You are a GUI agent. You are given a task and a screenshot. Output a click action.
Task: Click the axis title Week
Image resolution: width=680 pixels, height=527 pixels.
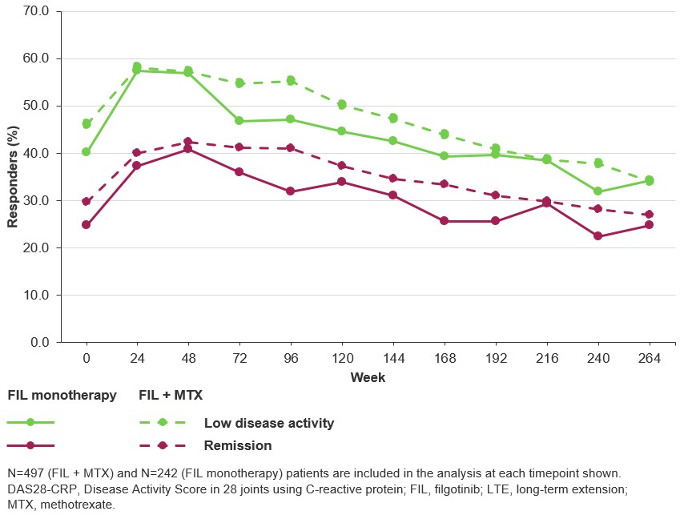(368, 377)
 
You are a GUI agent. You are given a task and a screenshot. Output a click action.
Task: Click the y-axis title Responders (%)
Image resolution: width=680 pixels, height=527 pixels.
(13, 177)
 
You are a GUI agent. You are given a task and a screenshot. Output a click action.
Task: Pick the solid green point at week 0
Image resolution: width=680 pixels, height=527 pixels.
(86, 152)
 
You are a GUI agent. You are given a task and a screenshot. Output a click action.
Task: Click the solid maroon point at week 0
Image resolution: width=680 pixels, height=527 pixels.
(86, 225)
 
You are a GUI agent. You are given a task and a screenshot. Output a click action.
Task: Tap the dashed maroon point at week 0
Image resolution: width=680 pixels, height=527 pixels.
(86, 202)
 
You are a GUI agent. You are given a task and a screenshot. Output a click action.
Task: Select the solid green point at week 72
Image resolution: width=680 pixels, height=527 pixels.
(239, 121)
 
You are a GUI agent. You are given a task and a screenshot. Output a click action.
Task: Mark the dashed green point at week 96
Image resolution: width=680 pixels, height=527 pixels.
(291, 81)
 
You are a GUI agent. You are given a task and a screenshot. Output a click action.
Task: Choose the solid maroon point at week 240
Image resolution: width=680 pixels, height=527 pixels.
(598, 236)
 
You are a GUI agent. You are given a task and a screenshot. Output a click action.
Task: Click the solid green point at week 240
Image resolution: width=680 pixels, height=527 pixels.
(598, 191)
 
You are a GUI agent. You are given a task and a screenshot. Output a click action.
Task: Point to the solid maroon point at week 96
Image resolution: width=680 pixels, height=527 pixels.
(291, 191)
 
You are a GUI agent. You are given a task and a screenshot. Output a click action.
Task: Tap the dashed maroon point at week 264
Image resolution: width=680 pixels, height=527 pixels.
(649, 215)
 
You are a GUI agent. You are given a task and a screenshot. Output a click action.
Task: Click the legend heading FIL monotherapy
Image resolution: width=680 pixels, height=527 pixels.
(62, 396)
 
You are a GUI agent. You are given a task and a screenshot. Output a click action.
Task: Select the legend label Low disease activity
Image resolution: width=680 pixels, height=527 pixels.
(269, 423)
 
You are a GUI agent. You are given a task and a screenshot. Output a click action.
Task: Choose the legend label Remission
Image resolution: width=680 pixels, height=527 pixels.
(238, 445)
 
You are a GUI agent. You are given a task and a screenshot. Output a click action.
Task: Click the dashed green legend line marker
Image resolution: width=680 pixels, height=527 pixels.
(163, 422)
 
